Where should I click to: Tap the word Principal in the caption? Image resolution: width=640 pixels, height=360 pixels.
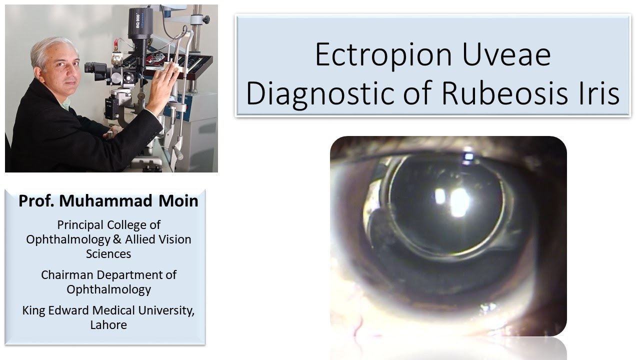(80, 225)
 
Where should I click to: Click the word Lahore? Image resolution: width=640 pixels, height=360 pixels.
(108, 324)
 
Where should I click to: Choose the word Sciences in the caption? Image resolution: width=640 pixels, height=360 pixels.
(108, 253)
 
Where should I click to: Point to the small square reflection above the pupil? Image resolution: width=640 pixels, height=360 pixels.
(468, 157)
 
